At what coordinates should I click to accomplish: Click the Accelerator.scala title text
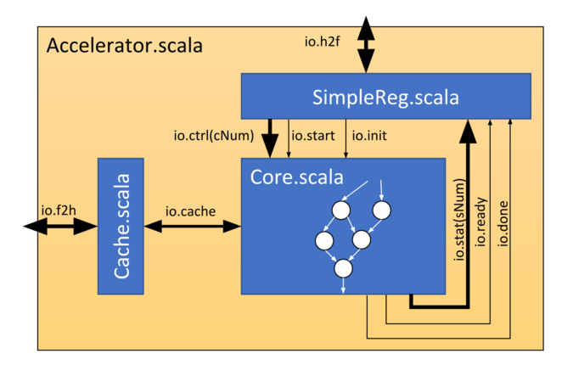[124, 46]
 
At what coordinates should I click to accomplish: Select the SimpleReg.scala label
[386, 98]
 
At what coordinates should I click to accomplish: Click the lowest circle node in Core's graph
[343, 268]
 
